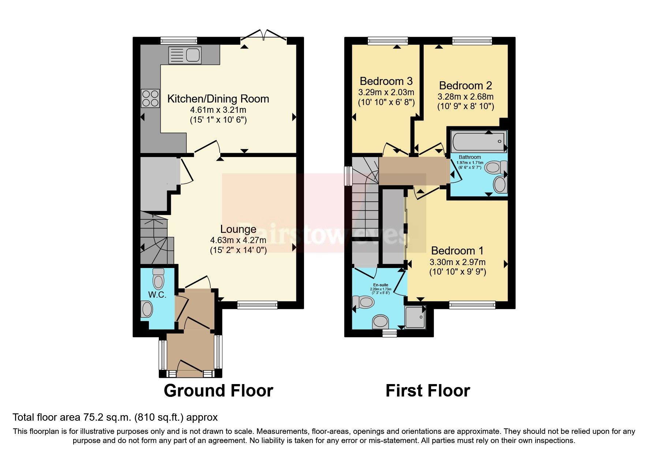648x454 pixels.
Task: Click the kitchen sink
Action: click(185, 55)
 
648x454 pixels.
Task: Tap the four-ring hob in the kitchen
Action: click(150, 98)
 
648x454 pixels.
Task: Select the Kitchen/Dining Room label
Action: click(218, 99)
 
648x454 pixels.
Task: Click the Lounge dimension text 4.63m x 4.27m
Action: click(238, 241)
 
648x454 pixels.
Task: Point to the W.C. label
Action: click(157, 295)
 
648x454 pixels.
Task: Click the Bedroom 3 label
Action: click(386, 81)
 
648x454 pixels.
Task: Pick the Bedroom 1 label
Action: click(457, 251)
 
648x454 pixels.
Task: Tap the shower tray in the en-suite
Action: click(415, 317)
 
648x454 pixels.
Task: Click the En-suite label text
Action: click(381, 285)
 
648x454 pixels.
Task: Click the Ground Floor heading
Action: click(218, 391)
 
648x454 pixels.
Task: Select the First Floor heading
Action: click(427, 391)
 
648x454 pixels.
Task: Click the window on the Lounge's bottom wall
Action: click(257, 305)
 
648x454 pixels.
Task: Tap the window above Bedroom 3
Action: click(388, 41)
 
